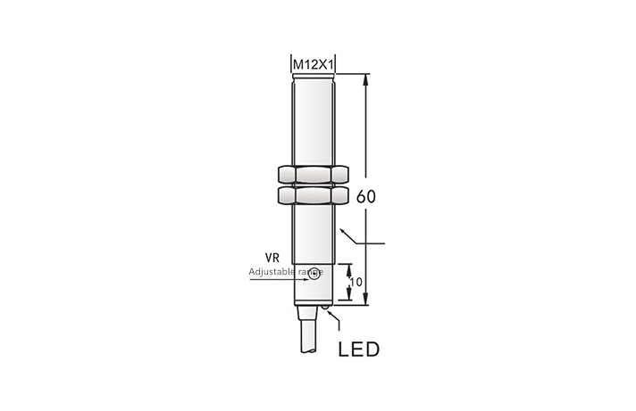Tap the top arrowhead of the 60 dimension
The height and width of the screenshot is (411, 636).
(365, 78)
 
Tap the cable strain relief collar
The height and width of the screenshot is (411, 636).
(311, 312)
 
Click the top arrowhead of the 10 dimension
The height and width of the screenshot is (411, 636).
(346, 266)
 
